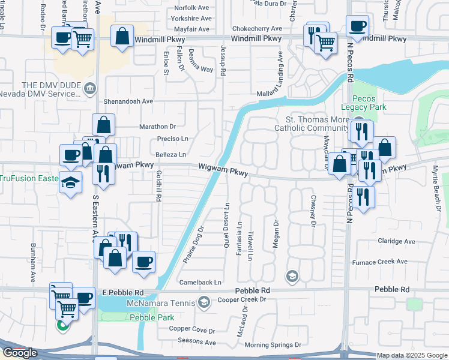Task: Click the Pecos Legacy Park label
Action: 361,102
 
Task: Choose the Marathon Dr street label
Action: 157,127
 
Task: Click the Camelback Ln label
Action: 200,282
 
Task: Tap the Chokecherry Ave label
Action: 257,28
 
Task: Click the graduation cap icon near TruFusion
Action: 70,181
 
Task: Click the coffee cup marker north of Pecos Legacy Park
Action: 357,26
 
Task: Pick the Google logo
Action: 20,353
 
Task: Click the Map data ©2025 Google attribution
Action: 412,356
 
